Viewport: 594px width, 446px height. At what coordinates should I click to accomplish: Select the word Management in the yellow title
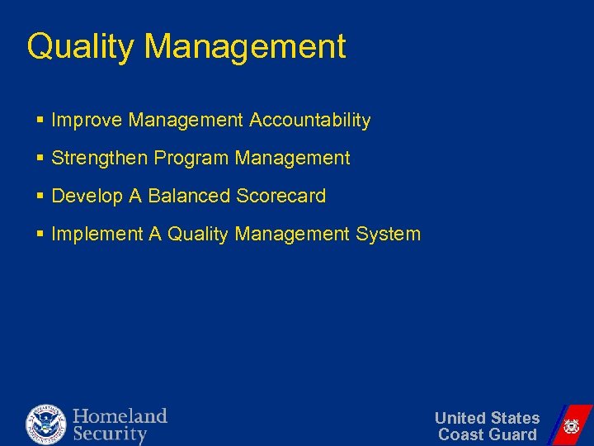(245, 47)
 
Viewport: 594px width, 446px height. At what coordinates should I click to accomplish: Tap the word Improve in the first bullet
(85, 121)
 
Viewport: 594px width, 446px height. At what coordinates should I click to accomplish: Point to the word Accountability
(310, 121)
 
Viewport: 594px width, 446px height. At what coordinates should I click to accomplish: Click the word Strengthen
(98, 158)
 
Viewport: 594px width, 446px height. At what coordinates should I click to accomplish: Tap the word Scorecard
(281, 196)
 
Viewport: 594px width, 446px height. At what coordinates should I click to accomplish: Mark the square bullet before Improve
(40, 121)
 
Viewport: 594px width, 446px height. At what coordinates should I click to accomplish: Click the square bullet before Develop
(40, 197)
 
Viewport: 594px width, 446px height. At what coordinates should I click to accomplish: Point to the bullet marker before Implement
(40, 235)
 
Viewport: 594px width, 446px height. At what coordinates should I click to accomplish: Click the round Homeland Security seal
(45, 425)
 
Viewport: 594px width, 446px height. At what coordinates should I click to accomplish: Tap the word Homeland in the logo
(120, 415)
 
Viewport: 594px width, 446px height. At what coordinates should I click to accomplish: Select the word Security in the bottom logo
(110, 434)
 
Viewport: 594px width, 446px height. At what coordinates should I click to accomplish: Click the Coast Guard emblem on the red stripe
(571, 426)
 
